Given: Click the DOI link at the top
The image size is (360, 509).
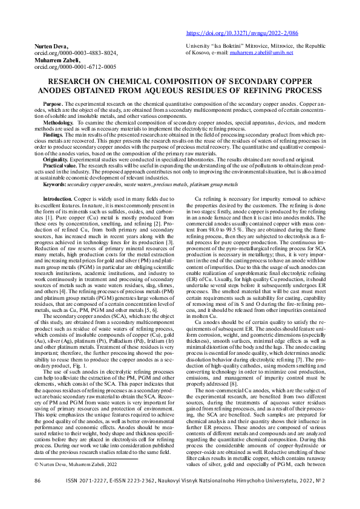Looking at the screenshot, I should tap(242, 34).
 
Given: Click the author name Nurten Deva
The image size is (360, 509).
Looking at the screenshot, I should tap(50, 47).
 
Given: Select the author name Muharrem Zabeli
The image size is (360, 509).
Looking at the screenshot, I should tap(55, 60).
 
